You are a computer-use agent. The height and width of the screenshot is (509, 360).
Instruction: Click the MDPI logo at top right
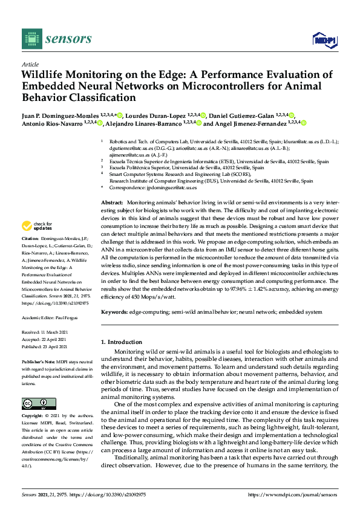(x=324, y=39)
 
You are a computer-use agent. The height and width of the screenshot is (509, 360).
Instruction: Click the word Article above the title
(x=30, y=64)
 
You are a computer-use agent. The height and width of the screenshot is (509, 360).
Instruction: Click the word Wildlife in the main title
(x=44, y=75)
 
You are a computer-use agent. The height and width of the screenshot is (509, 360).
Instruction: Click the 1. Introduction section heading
(x=125, y=342)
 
